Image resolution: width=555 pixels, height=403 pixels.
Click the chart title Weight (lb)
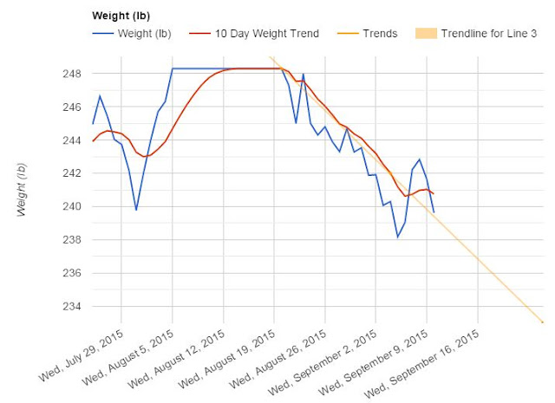point(121,16)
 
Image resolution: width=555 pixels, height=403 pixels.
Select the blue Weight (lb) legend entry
point(132,34)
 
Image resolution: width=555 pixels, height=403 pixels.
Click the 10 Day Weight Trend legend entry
point(254,34)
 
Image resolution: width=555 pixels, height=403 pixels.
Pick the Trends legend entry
point(368,34)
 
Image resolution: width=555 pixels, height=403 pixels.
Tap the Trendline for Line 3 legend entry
point(476,34)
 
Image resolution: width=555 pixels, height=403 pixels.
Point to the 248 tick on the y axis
point(72,74)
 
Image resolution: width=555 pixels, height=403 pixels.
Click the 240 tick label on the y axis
point(72,206)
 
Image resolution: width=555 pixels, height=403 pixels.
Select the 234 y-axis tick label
point(72,307)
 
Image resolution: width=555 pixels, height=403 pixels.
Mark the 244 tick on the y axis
point(72,140)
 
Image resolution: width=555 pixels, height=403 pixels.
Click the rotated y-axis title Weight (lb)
point(21,189)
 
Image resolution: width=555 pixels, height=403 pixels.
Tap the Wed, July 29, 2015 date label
point(81,355)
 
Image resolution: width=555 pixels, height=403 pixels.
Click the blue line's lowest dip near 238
point(397,237)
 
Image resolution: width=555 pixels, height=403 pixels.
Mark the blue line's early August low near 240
point(136,211)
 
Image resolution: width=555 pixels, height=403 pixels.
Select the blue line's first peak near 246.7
point(100,95)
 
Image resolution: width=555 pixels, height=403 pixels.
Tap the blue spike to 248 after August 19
point(304,74)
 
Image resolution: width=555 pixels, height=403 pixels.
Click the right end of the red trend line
point(434,193)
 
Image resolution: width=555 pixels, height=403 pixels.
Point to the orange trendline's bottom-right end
point(543,322)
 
